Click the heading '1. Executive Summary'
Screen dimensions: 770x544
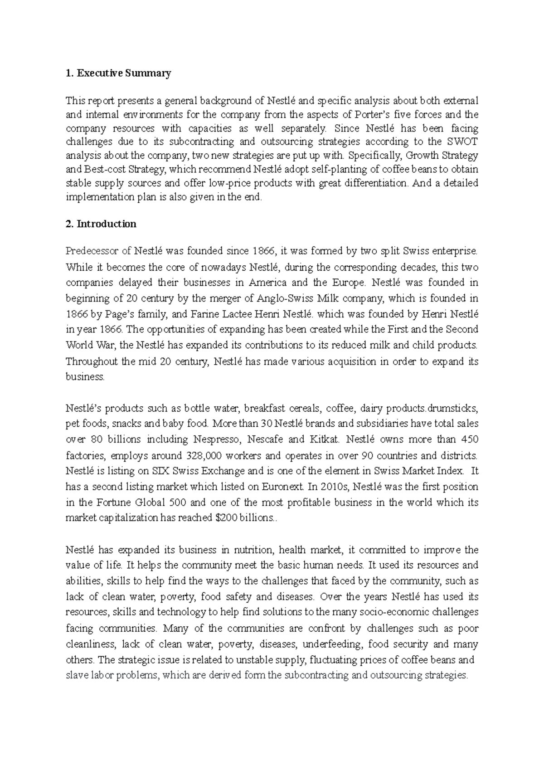(x=118, y=73)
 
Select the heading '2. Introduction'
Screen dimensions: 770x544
(x=101, y=224)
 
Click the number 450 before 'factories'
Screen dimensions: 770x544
(x=469, y=439)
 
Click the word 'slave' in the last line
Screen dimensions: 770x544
(x=77, y=675)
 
